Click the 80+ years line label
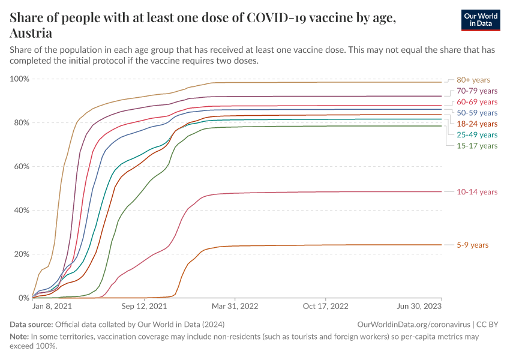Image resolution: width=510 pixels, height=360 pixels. tap(473, 80)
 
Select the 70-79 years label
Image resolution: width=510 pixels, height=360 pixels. tap(478, 91)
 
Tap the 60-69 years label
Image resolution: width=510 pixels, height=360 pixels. tap(478, 102)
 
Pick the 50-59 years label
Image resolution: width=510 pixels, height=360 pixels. tap(478, 113)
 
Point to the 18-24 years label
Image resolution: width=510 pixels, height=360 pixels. tap(478, 124)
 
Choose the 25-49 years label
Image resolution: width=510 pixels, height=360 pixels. tap(478, 135)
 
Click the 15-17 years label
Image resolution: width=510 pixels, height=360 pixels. tap(478, 146)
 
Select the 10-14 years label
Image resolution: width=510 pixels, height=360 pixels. tap(478, 192)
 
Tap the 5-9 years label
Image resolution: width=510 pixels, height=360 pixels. tap(472, 245)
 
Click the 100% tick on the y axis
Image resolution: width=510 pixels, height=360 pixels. tap(20, 79)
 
